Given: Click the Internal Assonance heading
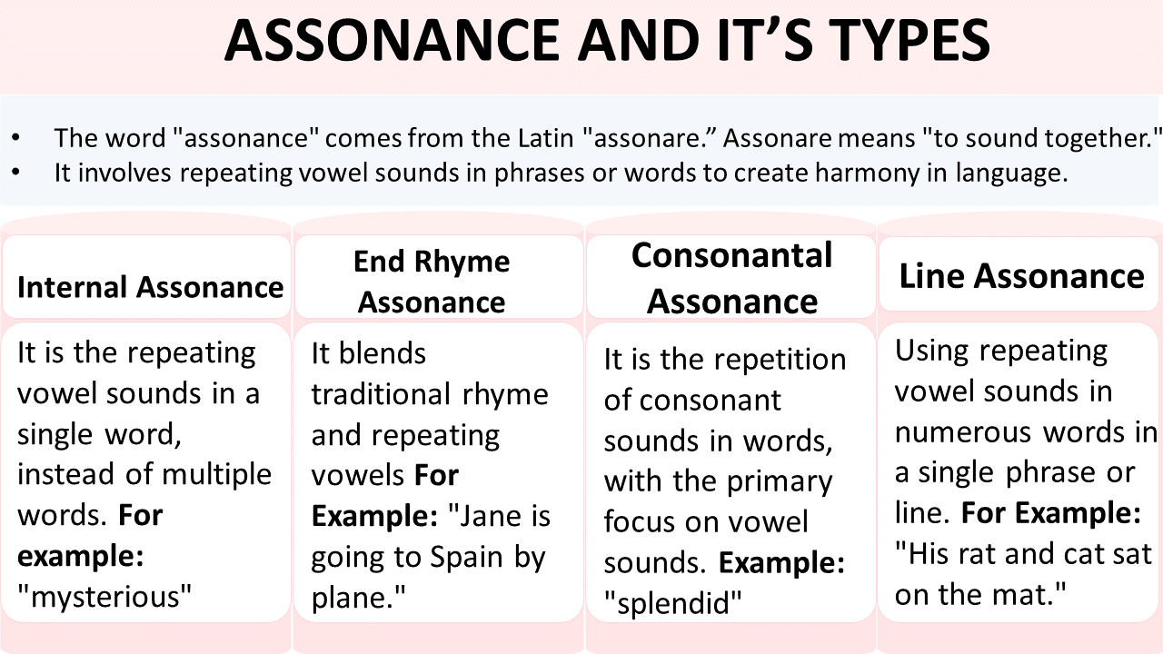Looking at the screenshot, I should [150, 288].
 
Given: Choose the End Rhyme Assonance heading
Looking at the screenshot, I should [432, 282].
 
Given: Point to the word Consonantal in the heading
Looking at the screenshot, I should [731, 256].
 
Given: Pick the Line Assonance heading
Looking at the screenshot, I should [1021, 276].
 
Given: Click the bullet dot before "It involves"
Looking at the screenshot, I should [17, 173].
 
